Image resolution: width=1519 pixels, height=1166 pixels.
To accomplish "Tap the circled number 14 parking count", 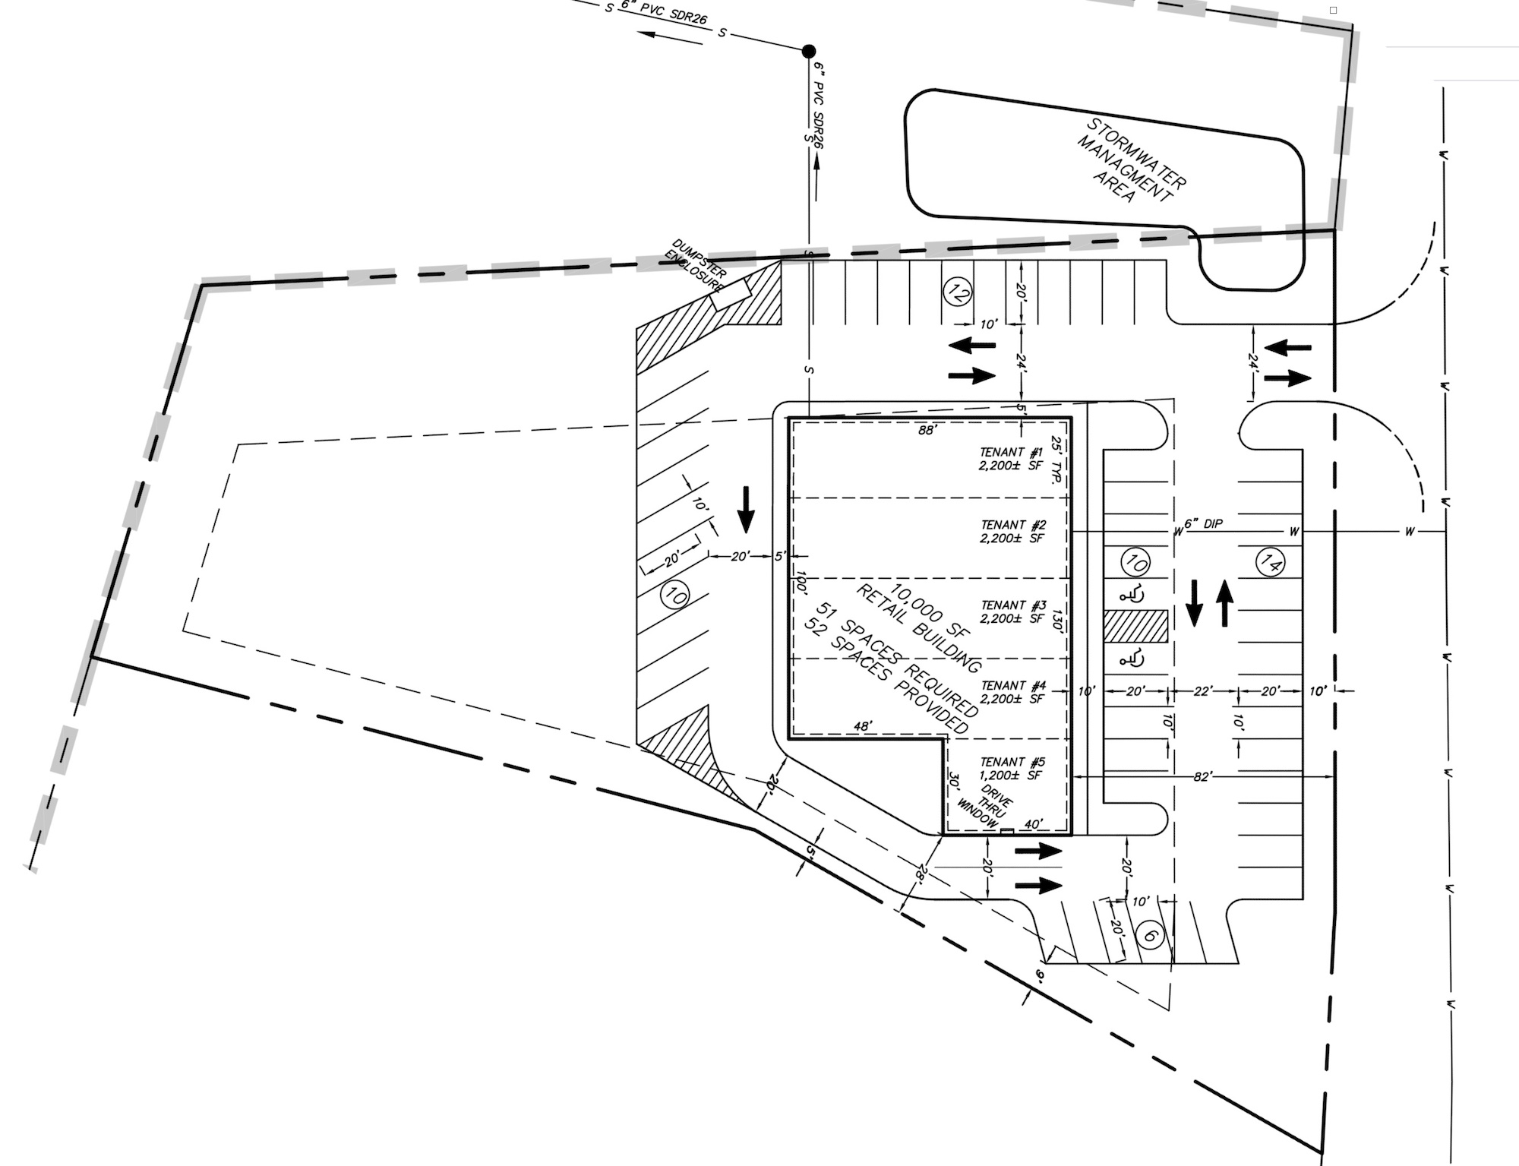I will (x=1270, y=562).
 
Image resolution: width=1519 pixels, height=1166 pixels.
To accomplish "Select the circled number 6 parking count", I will (x=1150, y=936).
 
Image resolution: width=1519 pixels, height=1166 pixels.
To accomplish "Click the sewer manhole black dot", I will (x=809, y=51).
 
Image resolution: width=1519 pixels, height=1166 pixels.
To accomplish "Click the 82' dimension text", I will (x=1202, y=776).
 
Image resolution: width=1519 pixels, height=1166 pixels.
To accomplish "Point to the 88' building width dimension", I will (x=927, y=431).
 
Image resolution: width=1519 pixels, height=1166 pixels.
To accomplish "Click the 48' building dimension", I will (x=862, y=726).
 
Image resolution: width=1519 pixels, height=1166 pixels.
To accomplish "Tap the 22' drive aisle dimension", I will (x=1202, y=691).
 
